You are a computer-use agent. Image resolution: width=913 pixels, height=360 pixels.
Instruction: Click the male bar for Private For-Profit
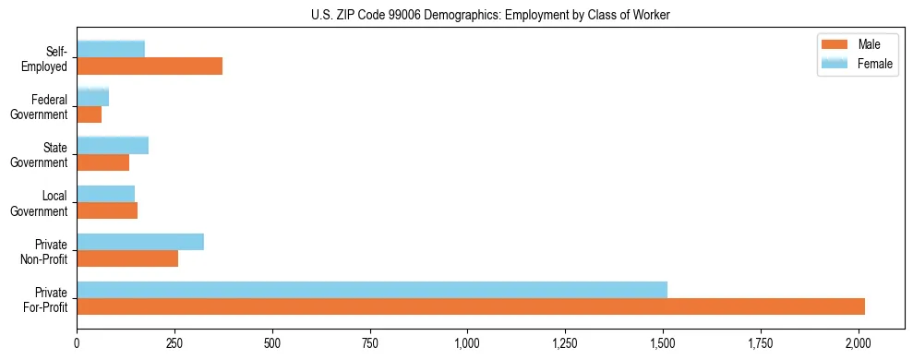(471, 306)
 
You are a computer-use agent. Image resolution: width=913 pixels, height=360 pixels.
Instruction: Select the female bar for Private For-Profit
(372, 290)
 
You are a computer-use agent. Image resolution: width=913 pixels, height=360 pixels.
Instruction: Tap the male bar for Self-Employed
(150, 66)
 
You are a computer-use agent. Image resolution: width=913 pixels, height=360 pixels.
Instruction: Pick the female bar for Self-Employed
(111, 49)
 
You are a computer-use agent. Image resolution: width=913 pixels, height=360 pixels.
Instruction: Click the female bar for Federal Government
(92, 97)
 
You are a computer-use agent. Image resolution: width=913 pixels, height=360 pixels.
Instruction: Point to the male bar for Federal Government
(89, 114)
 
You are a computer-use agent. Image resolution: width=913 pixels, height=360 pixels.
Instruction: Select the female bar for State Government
(113, 145)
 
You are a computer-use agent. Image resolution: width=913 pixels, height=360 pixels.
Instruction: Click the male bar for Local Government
(107, 210)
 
